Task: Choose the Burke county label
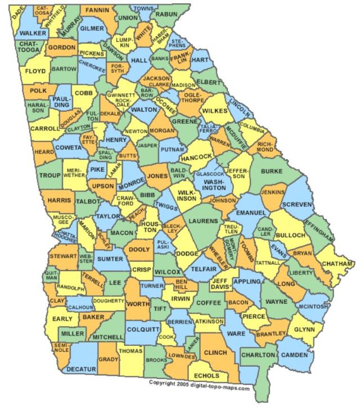pos(272,170)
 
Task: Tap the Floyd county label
pos(35,71)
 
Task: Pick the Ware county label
pos(236,333)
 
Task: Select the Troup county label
pos(49,175)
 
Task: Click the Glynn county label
pos(304,330)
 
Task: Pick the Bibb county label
pos(147,195)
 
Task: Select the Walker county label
pos(32,34)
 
